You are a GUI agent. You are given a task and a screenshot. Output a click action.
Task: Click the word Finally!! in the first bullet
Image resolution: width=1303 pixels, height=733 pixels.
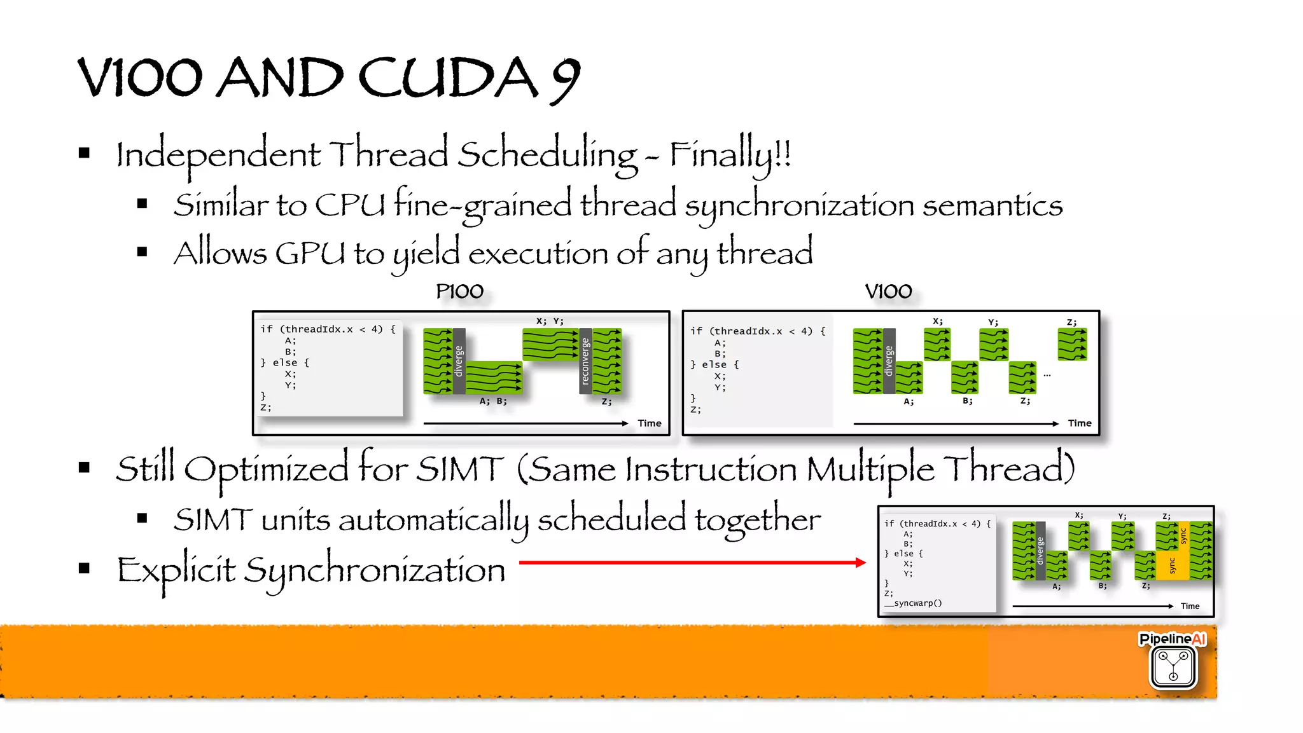pos(730,154)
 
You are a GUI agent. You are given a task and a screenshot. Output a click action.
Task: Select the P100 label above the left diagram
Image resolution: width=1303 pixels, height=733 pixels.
pos(459,292)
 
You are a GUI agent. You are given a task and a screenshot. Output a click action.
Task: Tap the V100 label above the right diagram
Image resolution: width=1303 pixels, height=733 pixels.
pos(888,292)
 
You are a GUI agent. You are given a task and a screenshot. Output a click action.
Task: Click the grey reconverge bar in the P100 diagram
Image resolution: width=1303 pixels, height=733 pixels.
pos(585,361)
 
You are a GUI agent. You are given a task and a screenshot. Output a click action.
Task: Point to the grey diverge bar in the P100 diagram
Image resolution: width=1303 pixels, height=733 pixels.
pos(459,361)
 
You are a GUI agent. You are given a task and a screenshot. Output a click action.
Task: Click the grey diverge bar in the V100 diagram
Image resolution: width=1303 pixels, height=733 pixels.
pos(889,361)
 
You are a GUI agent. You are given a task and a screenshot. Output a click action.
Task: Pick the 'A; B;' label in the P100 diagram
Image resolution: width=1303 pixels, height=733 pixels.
pos(493,401)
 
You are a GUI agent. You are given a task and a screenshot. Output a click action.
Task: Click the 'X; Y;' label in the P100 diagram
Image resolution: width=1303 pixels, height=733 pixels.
pos(550,321)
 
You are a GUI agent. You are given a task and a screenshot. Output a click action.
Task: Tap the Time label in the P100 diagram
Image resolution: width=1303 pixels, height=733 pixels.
pos(650,423)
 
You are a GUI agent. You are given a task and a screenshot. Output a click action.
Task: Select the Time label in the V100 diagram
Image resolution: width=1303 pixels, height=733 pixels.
pos(1080,423)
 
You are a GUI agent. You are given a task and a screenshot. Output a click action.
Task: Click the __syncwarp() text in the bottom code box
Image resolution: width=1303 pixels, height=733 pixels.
pos(913,603)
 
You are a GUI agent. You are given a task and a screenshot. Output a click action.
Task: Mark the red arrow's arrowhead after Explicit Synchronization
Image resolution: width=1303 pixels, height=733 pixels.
pos(860,563)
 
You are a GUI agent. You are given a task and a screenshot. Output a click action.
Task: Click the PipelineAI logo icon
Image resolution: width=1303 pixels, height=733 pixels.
pos(1173,667)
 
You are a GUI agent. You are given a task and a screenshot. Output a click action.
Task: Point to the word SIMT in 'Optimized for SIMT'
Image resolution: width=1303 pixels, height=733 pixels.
pos(459,470)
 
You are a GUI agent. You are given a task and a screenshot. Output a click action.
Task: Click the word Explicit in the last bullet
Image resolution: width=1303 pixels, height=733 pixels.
pos(176,570)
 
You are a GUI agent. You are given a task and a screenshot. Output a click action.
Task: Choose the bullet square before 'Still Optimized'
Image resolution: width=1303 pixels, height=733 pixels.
pos(85,469)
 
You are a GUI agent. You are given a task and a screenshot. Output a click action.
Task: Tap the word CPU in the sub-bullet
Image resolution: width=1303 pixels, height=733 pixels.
pos(350,205)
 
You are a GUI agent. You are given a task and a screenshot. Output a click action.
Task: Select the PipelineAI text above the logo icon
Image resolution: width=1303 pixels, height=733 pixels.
pos(1173,639)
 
